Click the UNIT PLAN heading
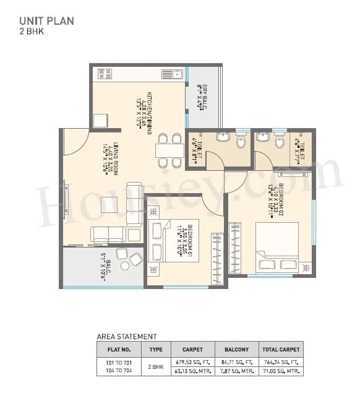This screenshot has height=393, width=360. (x=46, y=21)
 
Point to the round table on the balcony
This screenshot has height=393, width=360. (x=126, y=266)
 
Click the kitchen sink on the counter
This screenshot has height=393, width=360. (x=171, y=74)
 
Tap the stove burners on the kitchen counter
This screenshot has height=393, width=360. (x=101, y=73)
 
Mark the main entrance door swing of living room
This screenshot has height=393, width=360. (x=75, y=142)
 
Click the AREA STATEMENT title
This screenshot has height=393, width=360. (x=127, y=337)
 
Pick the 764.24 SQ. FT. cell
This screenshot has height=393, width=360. (x=281, y=361)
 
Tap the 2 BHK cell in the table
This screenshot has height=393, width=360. (x=156, y=366)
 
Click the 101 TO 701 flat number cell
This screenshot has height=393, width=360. (x=119, y=361)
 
